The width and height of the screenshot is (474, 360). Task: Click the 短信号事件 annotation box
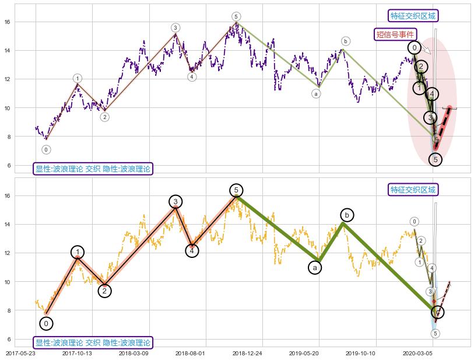point(395,34)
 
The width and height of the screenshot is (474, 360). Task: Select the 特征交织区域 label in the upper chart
point(413,16)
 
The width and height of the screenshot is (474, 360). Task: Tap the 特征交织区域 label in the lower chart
point(413,190)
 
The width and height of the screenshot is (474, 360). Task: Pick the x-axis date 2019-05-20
point(304,353)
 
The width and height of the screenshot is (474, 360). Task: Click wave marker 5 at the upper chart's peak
point(236,16)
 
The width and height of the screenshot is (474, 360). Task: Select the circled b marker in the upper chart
point(346,41)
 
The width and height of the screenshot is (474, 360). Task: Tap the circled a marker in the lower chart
point(315,267)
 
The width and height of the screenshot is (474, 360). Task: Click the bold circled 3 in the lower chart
point(175,201)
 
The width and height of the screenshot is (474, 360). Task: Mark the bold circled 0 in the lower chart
point(47,323)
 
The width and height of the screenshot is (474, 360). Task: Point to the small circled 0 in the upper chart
point(46,150)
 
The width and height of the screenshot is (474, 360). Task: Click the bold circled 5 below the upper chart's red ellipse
point(435,159)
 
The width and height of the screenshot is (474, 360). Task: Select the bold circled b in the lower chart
point(346,215)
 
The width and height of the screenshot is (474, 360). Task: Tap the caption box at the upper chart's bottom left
point(93,169)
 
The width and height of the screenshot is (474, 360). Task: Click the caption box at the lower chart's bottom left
point(93,342)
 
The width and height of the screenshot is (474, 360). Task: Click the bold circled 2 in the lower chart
point(104,291)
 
